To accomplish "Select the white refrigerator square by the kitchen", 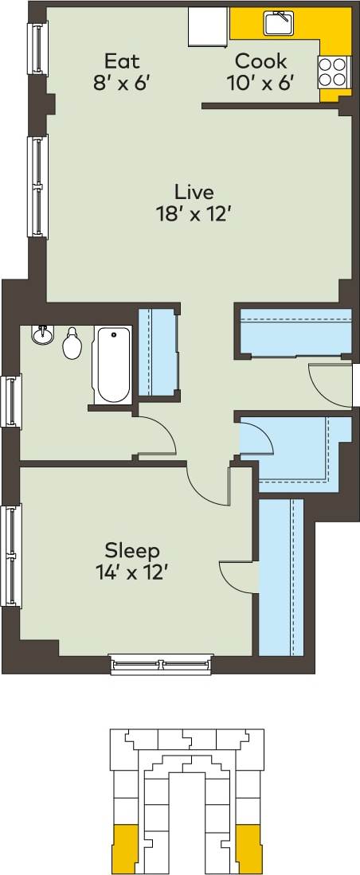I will pos(208,28).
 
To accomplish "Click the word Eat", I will pos(122,61).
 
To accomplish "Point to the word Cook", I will pos(260,61).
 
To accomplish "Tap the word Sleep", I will pos(132,550).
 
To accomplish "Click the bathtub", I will pos(112,365).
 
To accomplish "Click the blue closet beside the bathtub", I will pos(157,351).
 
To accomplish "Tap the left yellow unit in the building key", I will pos(125,846).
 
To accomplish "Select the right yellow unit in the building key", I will pos(249,846).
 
